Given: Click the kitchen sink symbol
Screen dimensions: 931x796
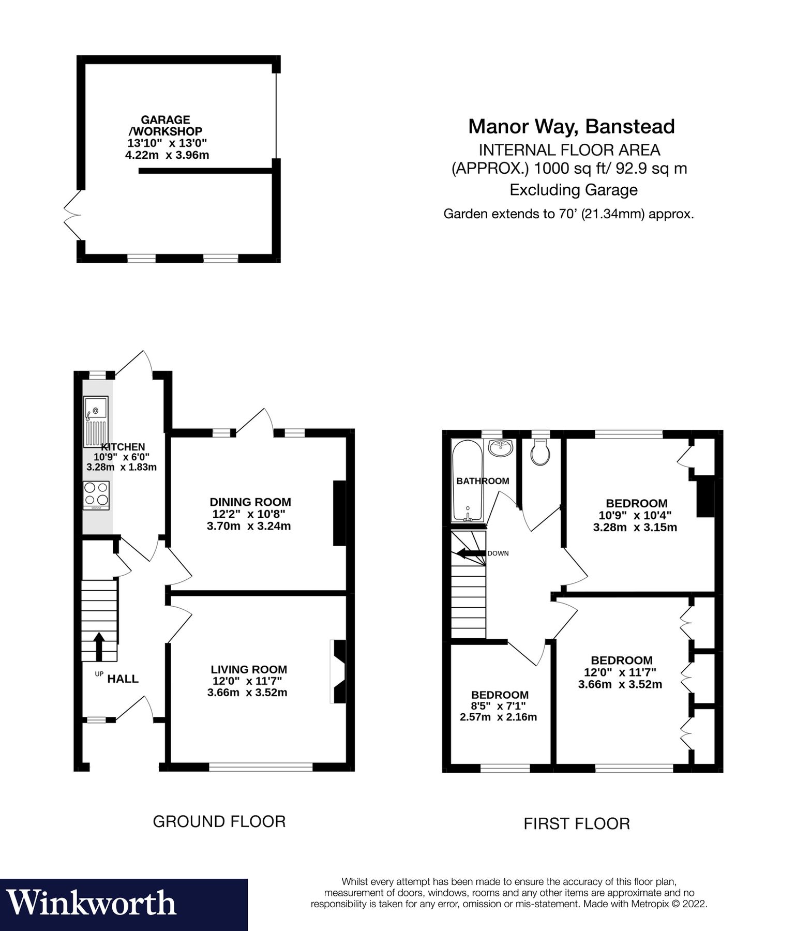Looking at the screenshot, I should (x=96, y=422).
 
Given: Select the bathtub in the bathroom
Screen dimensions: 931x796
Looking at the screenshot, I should (x=468, y=480).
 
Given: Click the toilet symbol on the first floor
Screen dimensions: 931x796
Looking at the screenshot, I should (x=540, y=454).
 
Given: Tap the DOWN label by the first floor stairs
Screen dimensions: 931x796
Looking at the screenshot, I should (x=498, y=553).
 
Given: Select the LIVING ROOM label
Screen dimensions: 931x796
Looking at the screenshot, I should (x=249, y=669).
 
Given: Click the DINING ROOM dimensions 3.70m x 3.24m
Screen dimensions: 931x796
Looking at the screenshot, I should (x=249, y=527).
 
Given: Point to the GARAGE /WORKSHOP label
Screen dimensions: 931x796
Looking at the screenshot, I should (x=166, y=126).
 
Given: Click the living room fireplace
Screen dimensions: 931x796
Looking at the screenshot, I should (x=339, y=672).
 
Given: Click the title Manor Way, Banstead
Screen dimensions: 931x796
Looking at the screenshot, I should (x=571, y=127).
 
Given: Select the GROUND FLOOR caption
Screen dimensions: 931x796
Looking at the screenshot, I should (x=219, y=821).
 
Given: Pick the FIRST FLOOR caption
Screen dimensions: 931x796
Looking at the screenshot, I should (x=577, y=823).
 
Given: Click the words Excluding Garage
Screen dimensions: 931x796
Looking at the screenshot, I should (x=573, y=190).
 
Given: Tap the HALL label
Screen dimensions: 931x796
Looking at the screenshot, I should (x=123, y=679).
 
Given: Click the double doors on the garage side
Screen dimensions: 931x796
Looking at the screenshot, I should (x=72, y=215).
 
